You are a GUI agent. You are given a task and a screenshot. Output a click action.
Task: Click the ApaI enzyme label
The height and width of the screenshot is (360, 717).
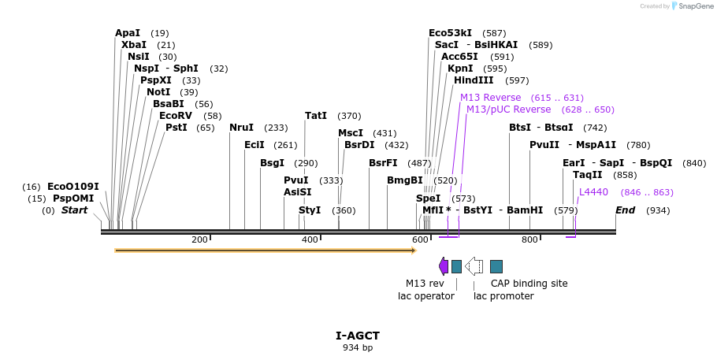[x=128, y=33]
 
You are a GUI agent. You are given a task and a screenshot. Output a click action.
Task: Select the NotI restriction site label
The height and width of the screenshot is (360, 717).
[x=158, y=92]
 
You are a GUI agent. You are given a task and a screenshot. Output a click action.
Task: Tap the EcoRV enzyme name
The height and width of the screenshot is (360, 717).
[x=176, y=116]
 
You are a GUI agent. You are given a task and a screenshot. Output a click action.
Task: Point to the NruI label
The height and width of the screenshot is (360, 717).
[x=241, y=128]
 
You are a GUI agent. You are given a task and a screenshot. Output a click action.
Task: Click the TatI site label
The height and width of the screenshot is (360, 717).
[x=316, y=116]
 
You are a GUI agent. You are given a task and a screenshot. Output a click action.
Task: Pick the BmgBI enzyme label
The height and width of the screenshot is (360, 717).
[x=405, y=180]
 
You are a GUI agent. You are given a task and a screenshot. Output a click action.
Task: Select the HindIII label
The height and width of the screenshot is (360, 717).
[x=474, y=80]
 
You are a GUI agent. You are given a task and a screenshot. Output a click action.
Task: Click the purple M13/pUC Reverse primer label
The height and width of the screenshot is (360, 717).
[x=508, y=109]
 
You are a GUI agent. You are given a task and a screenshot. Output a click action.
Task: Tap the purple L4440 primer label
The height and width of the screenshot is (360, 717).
[x=593, y=192]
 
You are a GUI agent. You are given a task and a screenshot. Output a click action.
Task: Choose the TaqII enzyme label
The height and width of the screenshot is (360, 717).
[x=587, y=175]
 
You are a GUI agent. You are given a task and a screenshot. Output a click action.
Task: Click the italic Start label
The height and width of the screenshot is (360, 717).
[x=75, y=210]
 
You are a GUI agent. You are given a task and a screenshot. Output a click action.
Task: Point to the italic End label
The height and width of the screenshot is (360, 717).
[x=625, y=210]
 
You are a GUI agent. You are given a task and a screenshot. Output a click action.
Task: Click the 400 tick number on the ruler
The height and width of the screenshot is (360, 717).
[x=310, y=239]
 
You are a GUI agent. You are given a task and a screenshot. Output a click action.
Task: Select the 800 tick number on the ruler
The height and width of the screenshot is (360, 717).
[x=529, y=239]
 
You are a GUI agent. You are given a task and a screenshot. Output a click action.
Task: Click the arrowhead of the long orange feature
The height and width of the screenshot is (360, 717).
[x=413, y=251]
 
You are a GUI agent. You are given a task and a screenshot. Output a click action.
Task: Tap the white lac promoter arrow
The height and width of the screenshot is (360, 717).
[x=474, y=266]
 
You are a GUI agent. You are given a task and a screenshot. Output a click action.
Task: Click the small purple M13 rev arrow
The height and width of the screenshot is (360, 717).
[x=444, y=266]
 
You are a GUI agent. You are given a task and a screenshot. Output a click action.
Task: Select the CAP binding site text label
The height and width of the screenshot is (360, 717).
[x=529, y=284]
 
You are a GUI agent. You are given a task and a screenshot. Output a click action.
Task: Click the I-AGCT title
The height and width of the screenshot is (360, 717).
[x=358, y=336]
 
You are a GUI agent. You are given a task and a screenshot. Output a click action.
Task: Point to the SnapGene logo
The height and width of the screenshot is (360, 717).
[x=689, y=6]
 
